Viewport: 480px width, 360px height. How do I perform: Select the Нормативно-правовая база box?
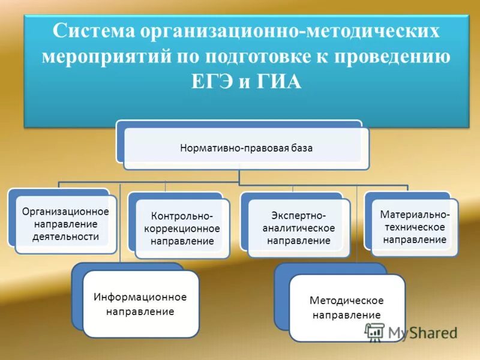pyautogui.click(x=246, y=148)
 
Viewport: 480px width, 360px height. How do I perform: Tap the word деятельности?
pyautogui.click(x=65, y=236)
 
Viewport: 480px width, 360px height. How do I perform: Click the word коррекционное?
pyautogui.click(x=182, y=229)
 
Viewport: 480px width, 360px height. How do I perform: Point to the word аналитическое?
pyautogui.click(x=298, y=228)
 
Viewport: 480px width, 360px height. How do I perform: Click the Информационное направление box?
pyautogui.click(x=140, y=304)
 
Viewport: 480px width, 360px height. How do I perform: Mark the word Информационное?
pyautogui.click(x=140, y=297)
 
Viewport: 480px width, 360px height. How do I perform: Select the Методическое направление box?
pyautogui.click(x=347, y=307)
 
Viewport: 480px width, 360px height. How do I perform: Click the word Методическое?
pyautogui.click(x=347, y=300)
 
